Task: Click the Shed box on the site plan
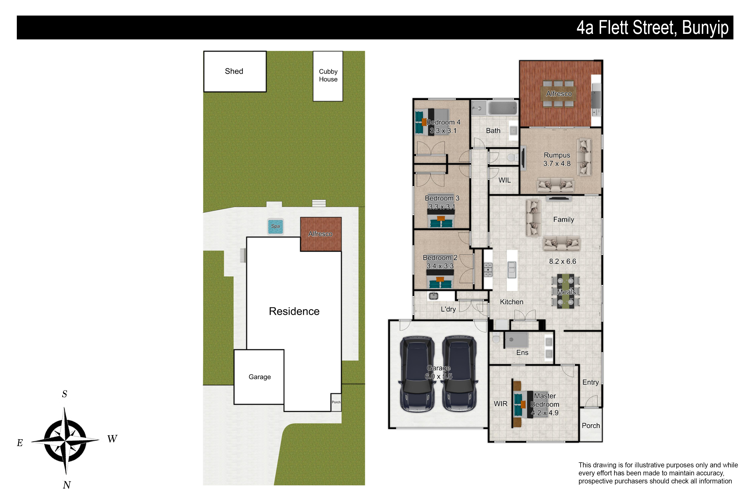tap(235, 71)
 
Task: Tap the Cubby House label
tap(328, 75)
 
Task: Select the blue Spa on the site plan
tap(275, 226)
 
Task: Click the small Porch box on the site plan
tap(336, 402)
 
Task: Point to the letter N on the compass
tap(67, 485)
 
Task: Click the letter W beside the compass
tap(112, 438)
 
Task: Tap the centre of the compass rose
tap(65, 441)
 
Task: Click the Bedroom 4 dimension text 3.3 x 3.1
tap(443, 131)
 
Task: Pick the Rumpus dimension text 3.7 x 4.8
tap(557, 164)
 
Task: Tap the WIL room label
tap(505, 180)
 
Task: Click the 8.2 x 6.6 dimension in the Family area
tap(562, 261)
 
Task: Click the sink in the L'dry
tap(433, 296)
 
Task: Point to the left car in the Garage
tap(417, 374)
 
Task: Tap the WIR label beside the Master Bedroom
tap(500, 404)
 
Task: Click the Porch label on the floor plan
tap(591, 425)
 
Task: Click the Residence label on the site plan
tap(294, 311)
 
